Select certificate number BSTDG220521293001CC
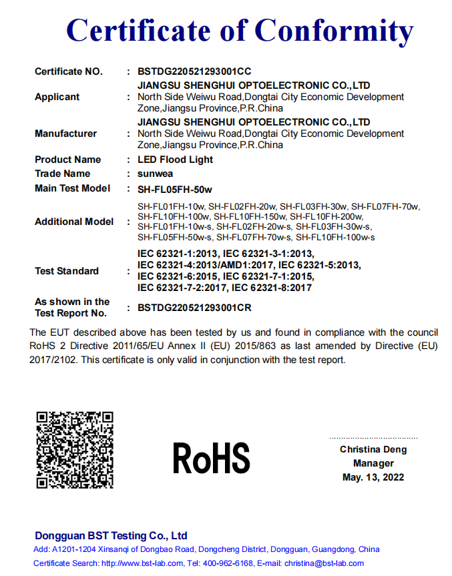pyautogui.click(x=194, y=71)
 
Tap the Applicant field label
pyautogui.click(x=57, y=97)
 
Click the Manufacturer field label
pyautogui.click(x=65, y=133)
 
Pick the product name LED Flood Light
pyautogui.click(x=175, y=160)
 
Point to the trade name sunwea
pyautogui.click(x=155, y=174)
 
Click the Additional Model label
pyautogui.click(x=74, y=222)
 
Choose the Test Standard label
pyautogui.click(x=67, y=271)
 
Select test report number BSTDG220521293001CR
pyautogui.click(x=194, y=308)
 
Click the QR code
pyautogui.click(x=75, y=450)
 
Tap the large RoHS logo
pyautogui.click(x=211, y=459)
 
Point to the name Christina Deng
pyautogui.click(x=373, y=449)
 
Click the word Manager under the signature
pyautogui.click(x=373, y=463)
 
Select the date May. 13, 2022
pyautogui.click(x=373, y=477)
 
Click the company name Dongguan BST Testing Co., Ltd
pyautogui.click(x=111, y=536)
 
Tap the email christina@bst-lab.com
pyautogui.click(x=326, y=563)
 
